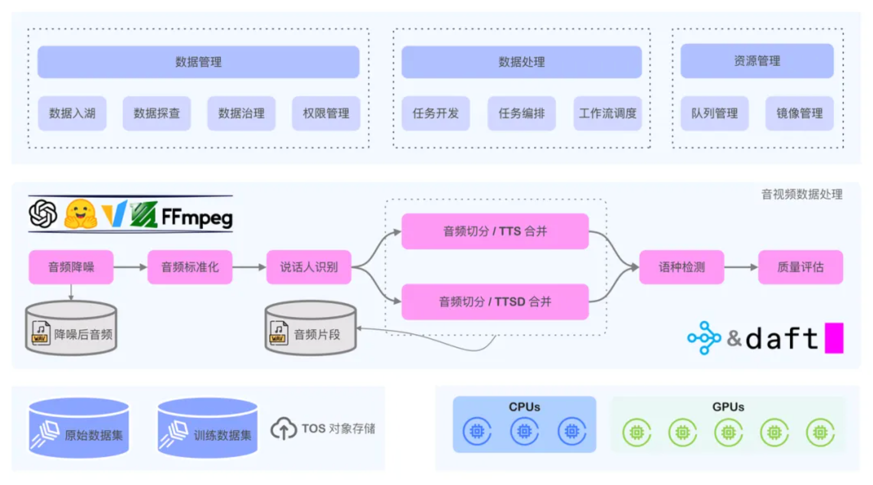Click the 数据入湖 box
tap(72, 113)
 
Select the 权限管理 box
tap(326, 113)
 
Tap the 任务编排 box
tap(522, 113)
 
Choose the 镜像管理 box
tap(800, 113)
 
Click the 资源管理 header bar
tap(757, 61)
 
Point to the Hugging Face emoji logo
tap(80, 214)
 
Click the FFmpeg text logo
tap(197, 217)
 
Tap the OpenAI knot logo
tap(43, 214)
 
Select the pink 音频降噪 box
tap(71, 267)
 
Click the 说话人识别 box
tap(309, 267)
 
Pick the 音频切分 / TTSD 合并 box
tap(495, 302)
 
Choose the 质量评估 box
tap(800, 267)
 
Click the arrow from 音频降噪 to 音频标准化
tap(130, 267)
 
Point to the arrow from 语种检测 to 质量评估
tap(741, 267)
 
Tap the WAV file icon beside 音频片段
tap(279, 333)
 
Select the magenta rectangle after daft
tap(834, 338)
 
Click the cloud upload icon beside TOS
tap(284, 429)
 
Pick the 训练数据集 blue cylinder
tap(207, 429)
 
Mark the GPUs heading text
tap(728, 407)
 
